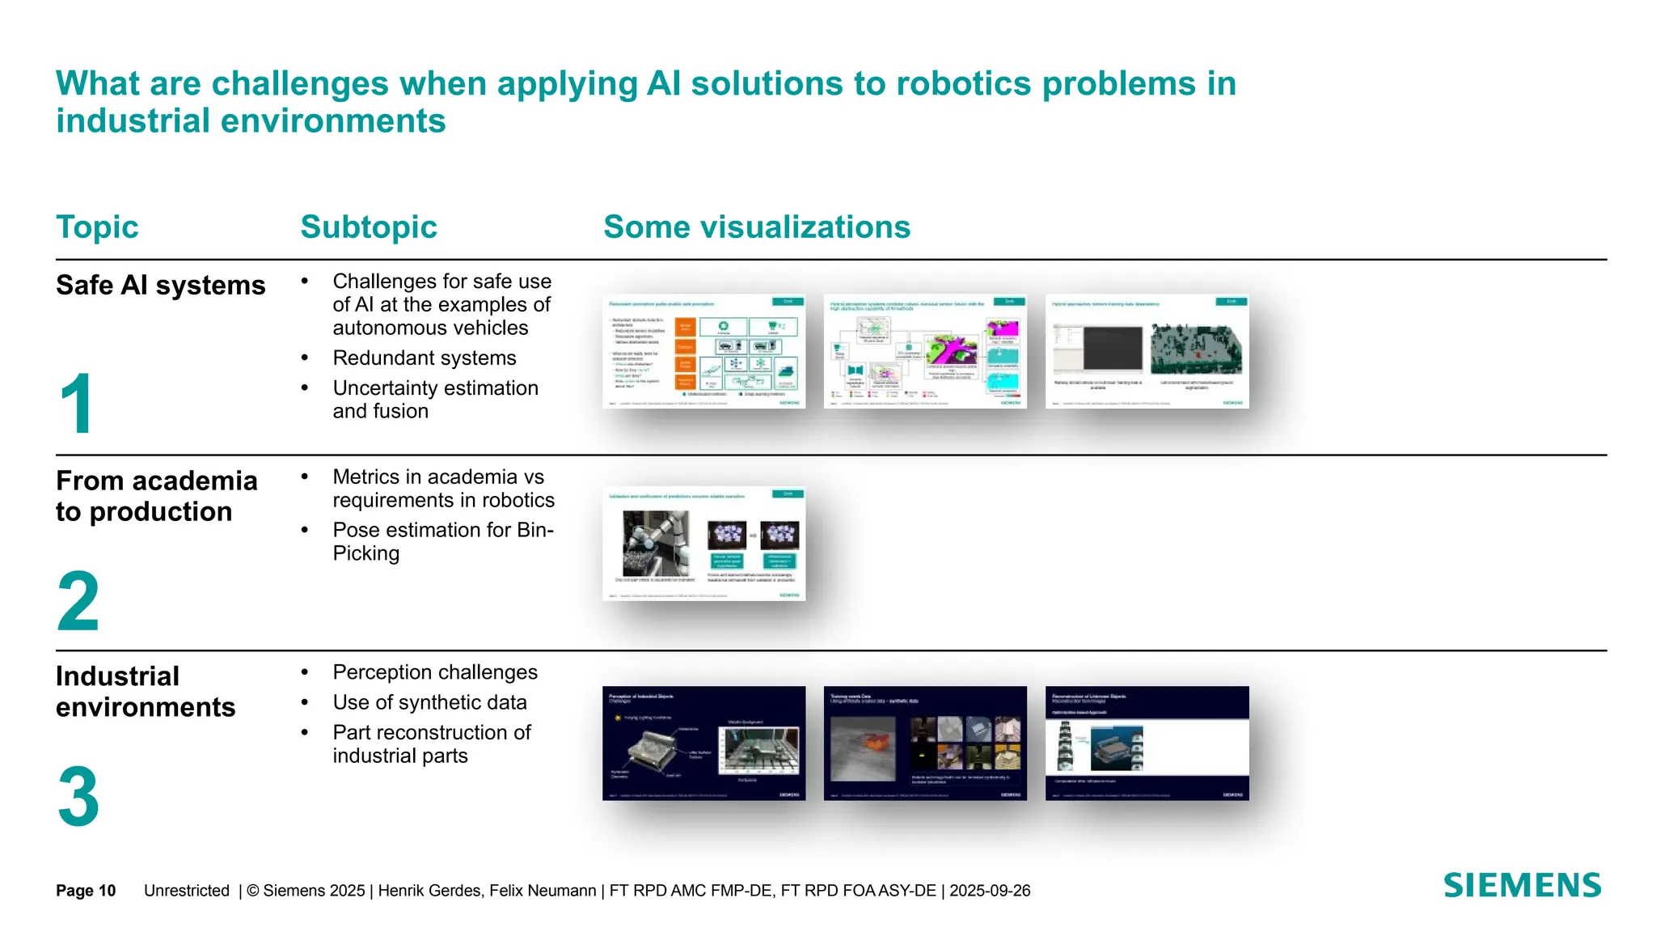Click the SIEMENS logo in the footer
pyautogui.click(x=1522, y=885)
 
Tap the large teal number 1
pyautogui.click(x=77, y=405)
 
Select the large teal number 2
pyautogui.click(x=78, y=601)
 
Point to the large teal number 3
pyautogui.click(x=78, y=797)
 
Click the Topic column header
pyautogui.click(x=97, y=227)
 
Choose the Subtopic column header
pyautogui.click(x=369, y=227)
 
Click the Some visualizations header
pyautogui.click(x=757, y=227)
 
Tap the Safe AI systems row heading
pyautogui.click(x=160, y=286)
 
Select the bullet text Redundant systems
pyautogui.click(x=424, y=358)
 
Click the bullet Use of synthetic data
pyautogui.click(x=429, y=702)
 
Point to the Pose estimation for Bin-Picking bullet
pyautogui.click(x=442, y=541)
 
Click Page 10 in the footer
pyautogui.click(x=86, y=891)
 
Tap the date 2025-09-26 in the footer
pyautogui.click(x=990, y=891)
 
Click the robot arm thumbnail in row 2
pyautogui.click(x=704, y=544)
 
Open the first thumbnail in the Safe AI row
pyautogui.click(x=704, y=351)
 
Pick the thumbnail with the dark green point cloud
pyautogui.click(x=1147, y=351)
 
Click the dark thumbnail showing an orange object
pyautogui.click(x=925, y=743)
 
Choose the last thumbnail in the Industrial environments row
pyautogui.click(x=1147, y=743)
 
